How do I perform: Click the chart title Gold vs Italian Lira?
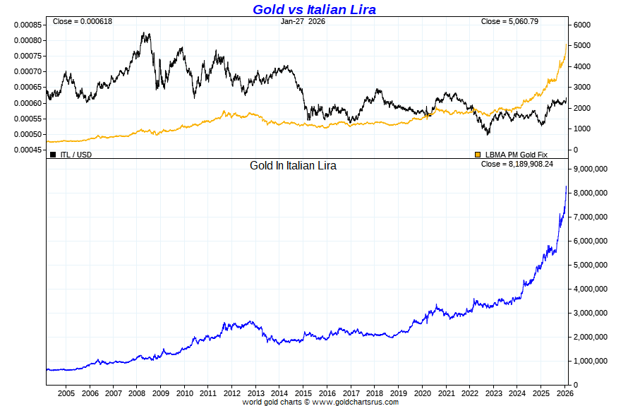pos(314,9)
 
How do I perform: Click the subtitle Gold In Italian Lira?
pos(293,166)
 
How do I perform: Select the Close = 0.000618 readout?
pos(82,21)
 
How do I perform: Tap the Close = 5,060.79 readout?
pos(509,21)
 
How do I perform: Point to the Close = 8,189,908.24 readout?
pos(517,164)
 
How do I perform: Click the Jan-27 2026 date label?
pos(303,21)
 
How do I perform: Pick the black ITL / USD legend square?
pos(53,154)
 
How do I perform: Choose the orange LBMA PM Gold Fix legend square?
pos(478,154)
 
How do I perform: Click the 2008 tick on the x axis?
pos(138,393)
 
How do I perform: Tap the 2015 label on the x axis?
pos(303,393)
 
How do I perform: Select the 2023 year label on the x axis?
pos(493,393)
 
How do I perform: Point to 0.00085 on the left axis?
pos(27,25)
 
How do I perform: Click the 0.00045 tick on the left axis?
pos(27,150)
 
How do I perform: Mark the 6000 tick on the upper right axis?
pos(582,25)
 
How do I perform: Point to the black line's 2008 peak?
pos(145,32)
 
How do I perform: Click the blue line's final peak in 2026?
pos(566,186)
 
